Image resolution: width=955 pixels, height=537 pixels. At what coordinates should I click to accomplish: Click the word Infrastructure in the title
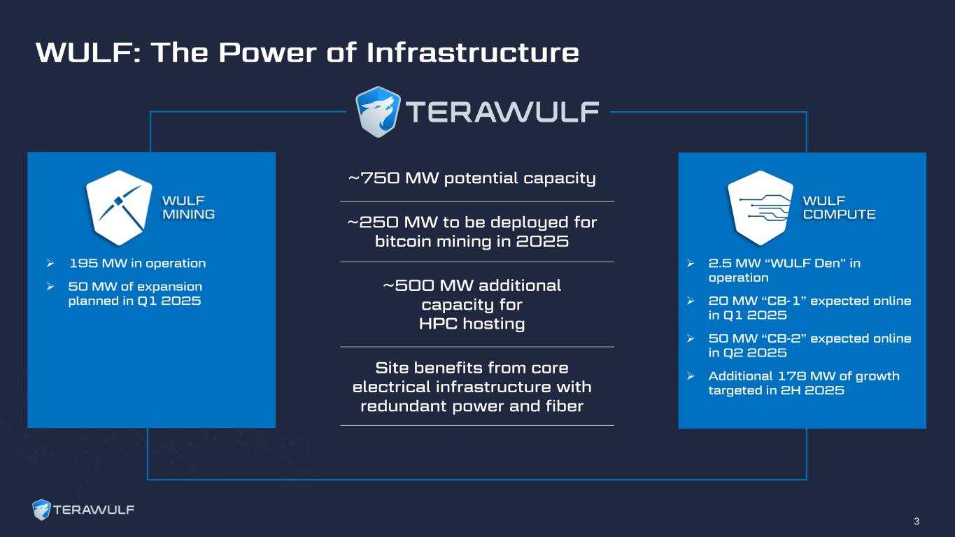coord(472,52)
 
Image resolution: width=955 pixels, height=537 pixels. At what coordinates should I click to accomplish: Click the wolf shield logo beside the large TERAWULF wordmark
coord(378,112)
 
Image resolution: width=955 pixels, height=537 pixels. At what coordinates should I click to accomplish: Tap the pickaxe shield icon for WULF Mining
coord(119,208)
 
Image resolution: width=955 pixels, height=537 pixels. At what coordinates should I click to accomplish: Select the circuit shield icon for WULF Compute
coord(761,208)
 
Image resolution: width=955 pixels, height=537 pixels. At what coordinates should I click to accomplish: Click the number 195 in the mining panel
coord(83,263)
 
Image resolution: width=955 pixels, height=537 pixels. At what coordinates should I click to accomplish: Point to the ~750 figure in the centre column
coord(374,178)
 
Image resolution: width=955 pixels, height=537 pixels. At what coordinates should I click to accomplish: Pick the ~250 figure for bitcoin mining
coord(373,222)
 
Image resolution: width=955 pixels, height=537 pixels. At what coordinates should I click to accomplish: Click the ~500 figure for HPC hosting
coord(409,285)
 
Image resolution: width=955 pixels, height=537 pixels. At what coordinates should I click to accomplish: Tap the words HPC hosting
coord(472,324)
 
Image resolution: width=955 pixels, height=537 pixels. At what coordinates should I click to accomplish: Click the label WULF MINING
coord(188,207)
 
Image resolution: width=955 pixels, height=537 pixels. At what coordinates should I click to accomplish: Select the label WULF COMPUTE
coord(839,207)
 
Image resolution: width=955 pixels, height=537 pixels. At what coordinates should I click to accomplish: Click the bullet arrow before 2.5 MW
coord(691,264)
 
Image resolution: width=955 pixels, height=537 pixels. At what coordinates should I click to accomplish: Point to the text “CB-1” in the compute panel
coord(784,301)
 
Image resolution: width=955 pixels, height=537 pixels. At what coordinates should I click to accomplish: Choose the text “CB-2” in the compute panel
coord(784,338)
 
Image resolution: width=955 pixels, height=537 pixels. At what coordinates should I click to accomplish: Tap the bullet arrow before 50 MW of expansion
coord(50,287)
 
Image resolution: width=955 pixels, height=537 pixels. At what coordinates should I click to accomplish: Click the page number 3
coord(917,521)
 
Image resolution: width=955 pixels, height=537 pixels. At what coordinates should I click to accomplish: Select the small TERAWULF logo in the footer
coord(83,510)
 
